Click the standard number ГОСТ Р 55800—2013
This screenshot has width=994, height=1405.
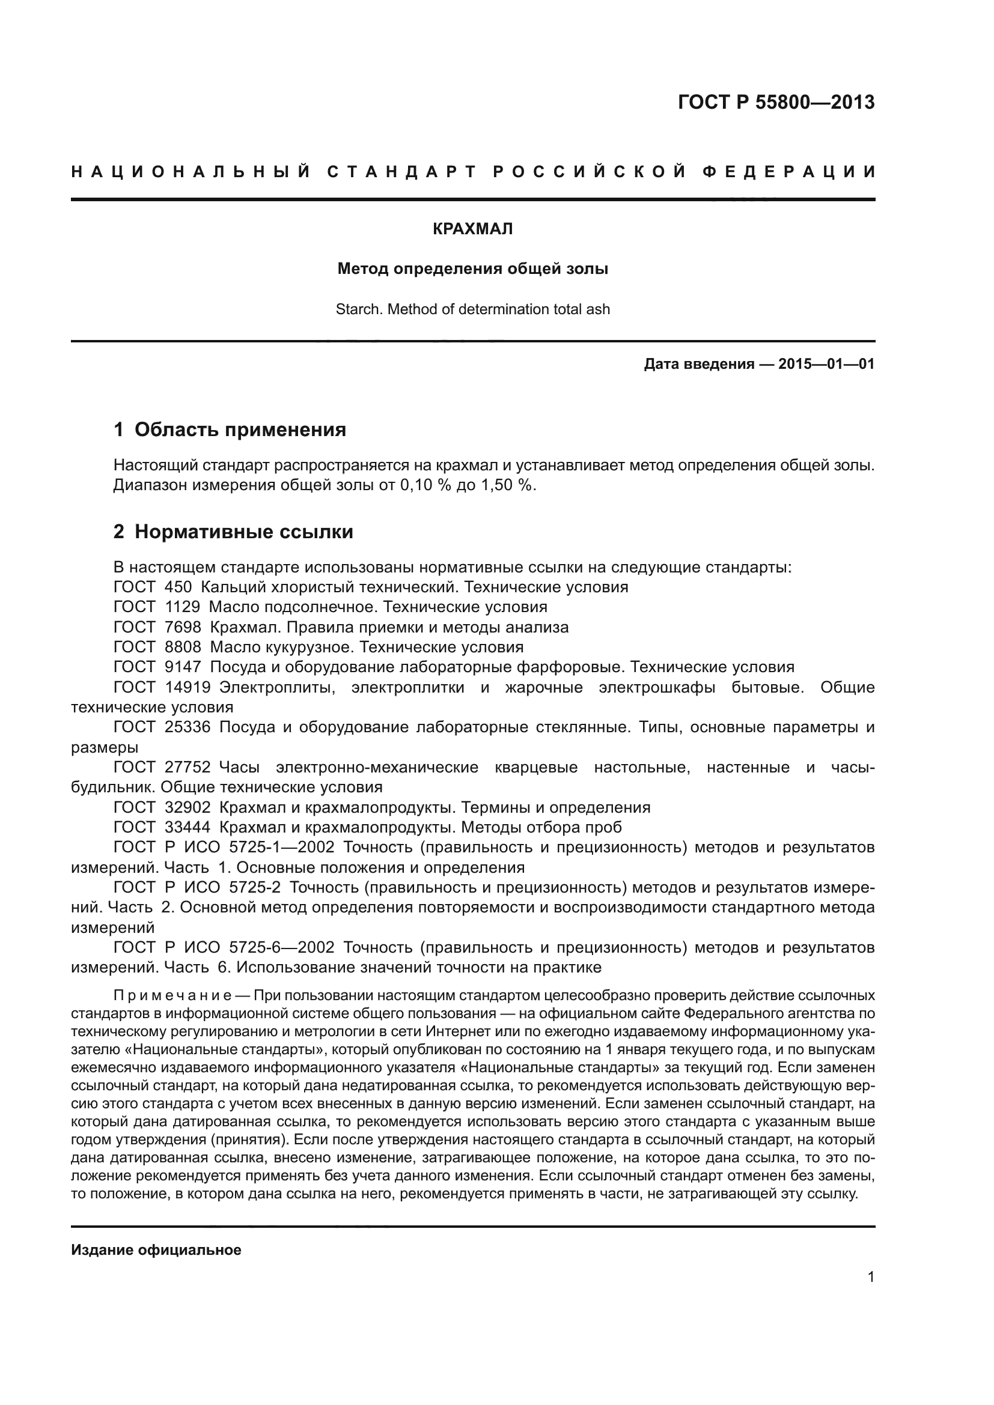click(x=776, y=102)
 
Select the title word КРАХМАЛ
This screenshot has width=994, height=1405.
click(x=472, y=229)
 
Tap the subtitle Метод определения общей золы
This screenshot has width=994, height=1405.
click(x=472, y=269)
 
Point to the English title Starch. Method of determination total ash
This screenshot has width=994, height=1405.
click(x=472, y=309)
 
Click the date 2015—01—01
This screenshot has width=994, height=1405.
click(x=826, y=364)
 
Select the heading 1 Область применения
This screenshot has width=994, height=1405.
click(x=230, y=429)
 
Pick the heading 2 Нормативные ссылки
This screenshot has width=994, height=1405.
click(x=234, y=532)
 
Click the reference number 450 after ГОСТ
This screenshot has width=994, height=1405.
click(x=178, y=587)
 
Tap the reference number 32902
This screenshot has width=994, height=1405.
click(x=188, y=807)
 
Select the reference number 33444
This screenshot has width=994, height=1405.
click(x=188, y=827)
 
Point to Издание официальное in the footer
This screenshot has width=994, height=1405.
click(x=156, y=1249)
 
